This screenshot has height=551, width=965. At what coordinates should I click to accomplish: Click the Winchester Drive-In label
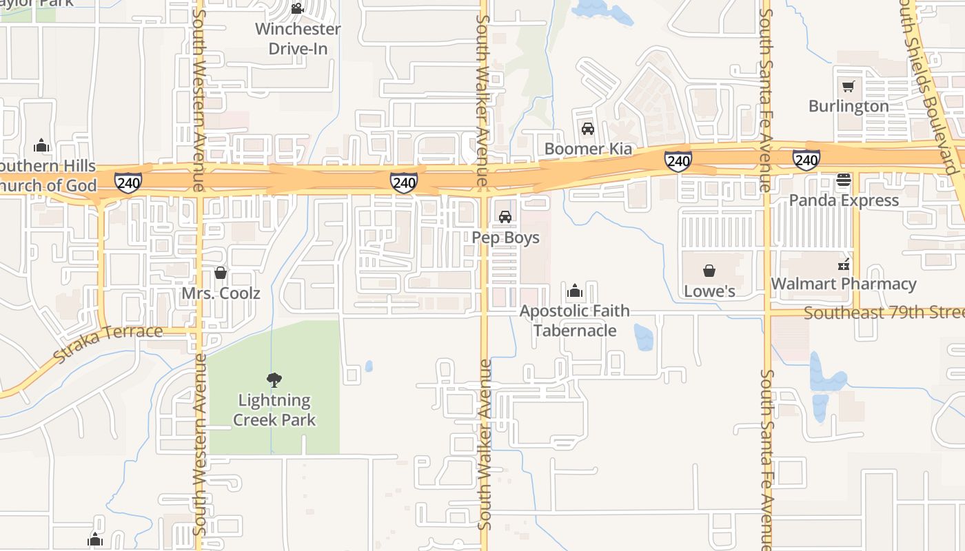click(298, 39)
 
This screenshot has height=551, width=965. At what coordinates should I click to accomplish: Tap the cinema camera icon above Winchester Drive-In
click(297, 9)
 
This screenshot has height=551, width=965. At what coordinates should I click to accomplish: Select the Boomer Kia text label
click(588, 149)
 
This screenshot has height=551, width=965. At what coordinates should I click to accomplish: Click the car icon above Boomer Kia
click(588, 129)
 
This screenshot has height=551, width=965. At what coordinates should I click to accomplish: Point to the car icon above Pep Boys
click(505, 217)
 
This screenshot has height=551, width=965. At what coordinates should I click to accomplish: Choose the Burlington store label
click(849, 106)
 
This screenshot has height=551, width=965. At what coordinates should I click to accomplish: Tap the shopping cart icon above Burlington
click(848, 87)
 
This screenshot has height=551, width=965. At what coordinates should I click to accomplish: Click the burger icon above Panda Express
click(844, 181)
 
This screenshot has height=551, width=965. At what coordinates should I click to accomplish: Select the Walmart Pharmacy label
click(844, 284)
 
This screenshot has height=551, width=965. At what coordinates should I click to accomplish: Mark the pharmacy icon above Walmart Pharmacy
click(844, 264)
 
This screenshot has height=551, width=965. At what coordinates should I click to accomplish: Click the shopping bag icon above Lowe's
click(709, 271)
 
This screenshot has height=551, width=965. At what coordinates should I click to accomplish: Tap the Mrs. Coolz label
click(221, 293)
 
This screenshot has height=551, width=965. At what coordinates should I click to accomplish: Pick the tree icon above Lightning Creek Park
click(274, 380)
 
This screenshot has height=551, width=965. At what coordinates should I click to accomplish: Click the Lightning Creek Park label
click(274, 410)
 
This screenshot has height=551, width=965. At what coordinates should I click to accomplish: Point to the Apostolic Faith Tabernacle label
click(574, 320)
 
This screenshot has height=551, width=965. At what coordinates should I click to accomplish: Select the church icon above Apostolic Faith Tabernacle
click(574, 291)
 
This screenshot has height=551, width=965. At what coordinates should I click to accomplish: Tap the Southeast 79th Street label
click(884, 313)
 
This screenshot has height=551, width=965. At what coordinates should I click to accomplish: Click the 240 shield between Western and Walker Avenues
click(403, 183)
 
